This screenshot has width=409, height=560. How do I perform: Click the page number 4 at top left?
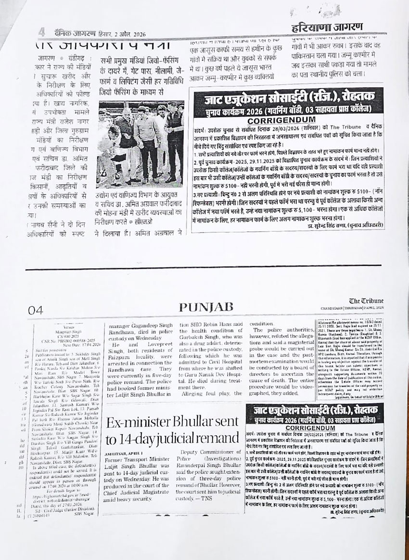coord(42,32)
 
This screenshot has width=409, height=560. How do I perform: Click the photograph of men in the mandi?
coord(140,144)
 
